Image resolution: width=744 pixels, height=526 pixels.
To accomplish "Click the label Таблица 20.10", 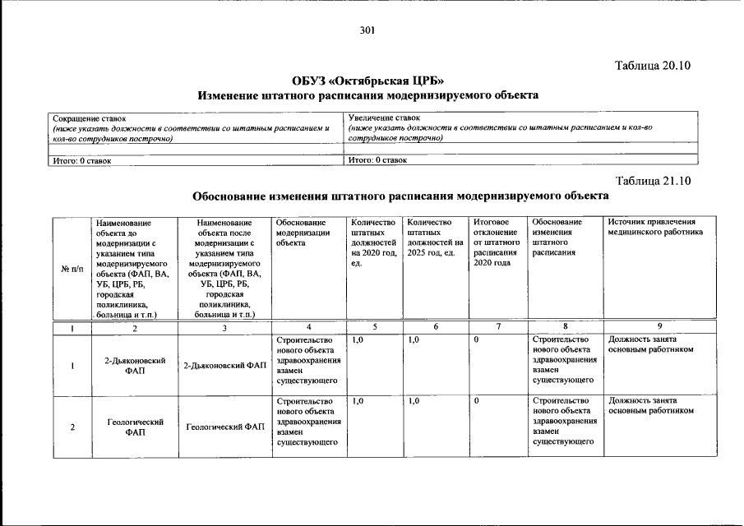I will tap(654, 65).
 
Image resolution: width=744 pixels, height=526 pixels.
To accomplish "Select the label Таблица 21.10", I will tap(654, 180).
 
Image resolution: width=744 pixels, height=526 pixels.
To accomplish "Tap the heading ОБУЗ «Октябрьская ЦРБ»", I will tap(367, 81).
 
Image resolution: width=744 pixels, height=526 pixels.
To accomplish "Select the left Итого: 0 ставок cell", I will tap(81, 160).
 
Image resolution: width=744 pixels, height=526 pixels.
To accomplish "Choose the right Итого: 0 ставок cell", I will tap(378, 160).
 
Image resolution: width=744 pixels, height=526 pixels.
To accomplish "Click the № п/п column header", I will tap(72, 269).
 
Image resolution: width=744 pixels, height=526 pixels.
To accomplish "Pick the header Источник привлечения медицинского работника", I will tap(655, 227).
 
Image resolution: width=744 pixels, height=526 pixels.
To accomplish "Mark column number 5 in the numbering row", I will tap(375, 326).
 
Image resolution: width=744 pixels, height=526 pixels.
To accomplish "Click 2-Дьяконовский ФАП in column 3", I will tap(224, 365).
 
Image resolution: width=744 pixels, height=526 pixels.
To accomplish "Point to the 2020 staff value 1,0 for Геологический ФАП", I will tap(357, 401).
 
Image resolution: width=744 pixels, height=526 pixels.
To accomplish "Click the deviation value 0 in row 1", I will tap(476, 339).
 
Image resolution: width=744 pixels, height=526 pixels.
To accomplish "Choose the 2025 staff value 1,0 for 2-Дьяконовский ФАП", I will tap(414, 339).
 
